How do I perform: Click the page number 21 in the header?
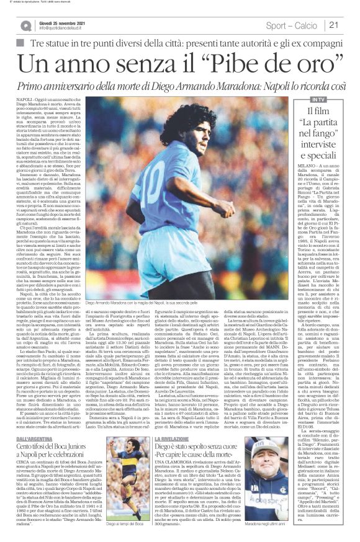333,25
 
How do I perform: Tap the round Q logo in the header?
26,25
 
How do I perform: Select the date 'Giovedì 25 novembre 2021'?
63,22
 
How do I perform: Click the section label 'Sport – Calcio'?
291,25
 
